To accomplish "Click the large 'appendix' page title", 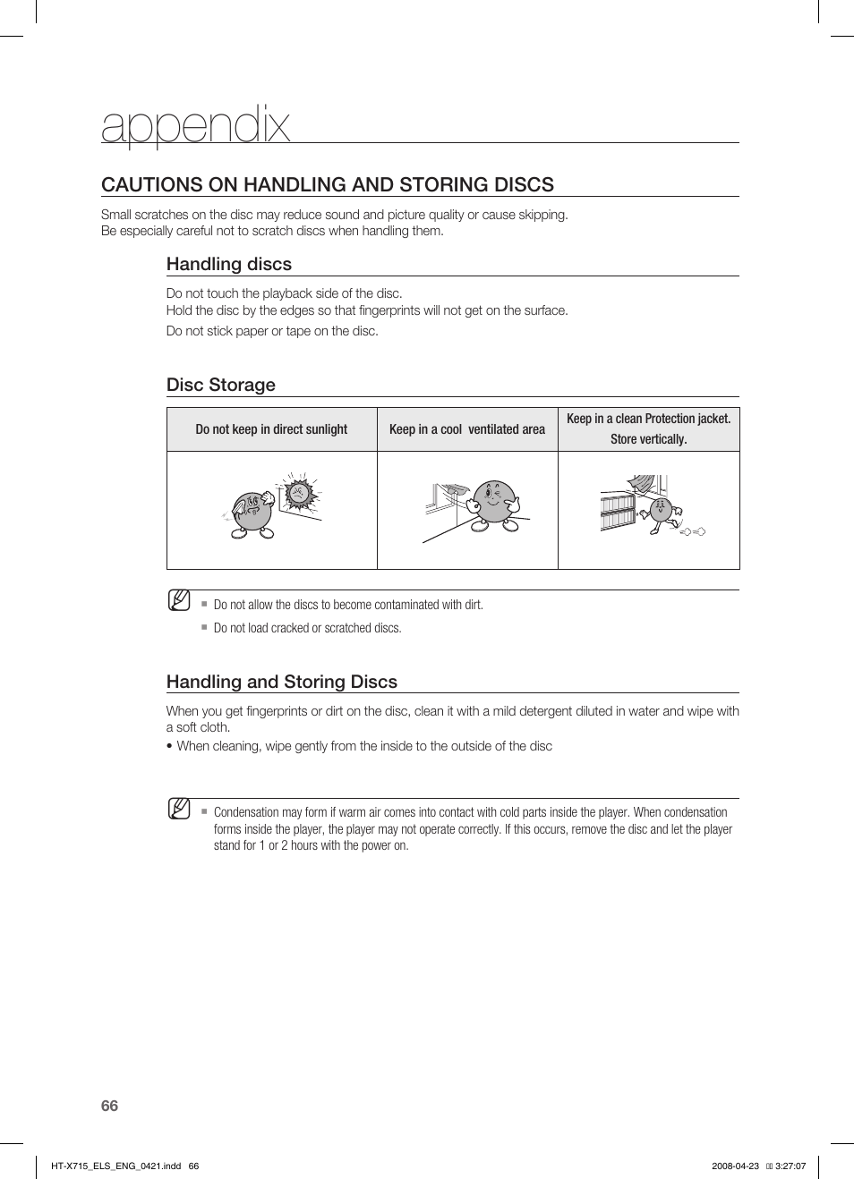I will tap(195, 125).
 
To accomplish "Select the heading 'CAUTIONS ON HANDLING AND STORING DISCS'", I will tap(327, 184).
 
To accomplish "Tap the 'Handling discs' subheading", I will tap(228, 264).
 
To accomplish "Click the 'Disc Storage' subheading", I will tap(220, 385).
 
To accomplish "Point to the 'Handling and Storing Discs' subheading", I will tap(281, 682).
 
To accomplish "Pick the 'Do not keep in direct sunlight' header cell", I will tap(271, 429).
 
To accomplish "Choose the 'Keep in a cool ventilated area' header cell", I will tap(466, 429).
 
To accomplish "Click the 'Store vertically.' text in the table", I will tap(648, 439).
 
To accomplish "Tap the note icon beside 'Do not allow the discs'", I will tap(179, 600).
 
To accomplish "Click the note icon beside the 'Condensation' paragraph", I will tap(179, 809).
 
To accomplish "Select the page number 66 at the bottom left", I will tap(109, 1106).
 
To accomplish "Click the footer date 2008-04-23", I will tap(735, 1166).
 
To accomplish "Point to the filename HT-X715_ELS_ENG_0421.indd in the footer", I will tap(115, 1166).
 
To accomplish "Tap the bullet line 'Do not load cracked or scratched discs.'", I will tap(307, 628).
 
